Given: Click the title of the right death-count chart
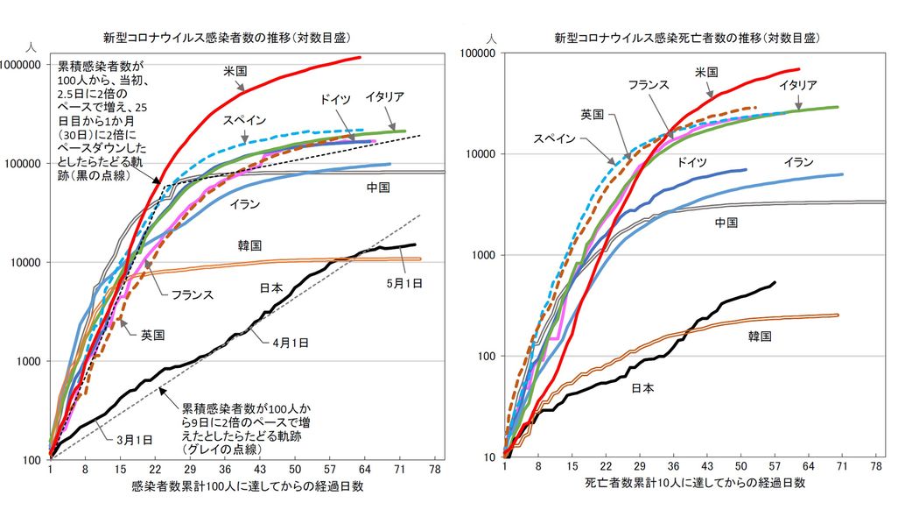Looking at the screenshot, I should (x=691, y=38).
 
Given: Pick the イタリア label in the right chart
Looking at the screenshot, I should (x=798, y=84).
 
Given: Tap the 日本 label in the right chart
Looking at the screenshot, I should (x=642, y=386).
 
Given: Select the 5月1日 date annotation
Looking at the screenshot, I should (x=405, y=282).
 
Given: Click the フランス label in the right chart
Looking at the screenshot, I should (x=649, y=84).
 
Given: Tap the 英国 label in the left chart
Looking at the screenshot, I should (x=154, y=334).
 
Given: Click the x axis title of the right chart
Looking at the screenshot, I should (x=695, y=483).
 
